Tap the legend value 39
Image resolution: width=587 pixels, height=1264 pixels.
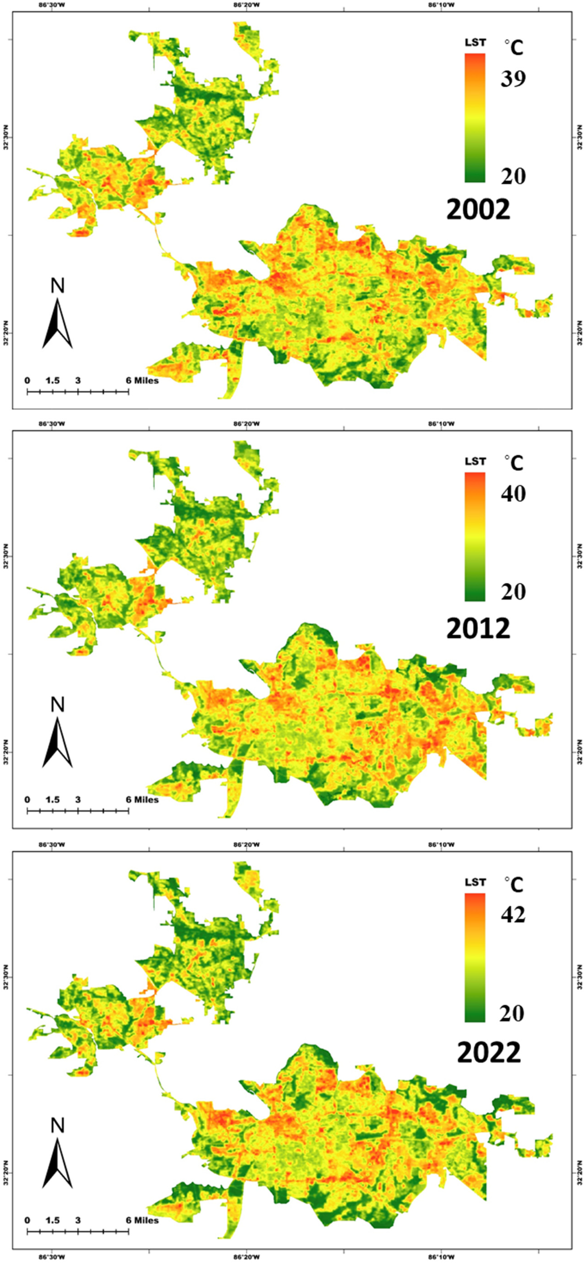513,78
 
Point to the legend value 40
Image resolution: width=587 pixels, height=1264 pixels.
513,494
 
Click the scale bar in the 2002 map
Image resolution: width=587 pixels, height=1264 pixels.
77,391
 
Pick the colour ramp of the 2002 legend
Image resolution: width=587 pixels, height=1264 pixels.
475,118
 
